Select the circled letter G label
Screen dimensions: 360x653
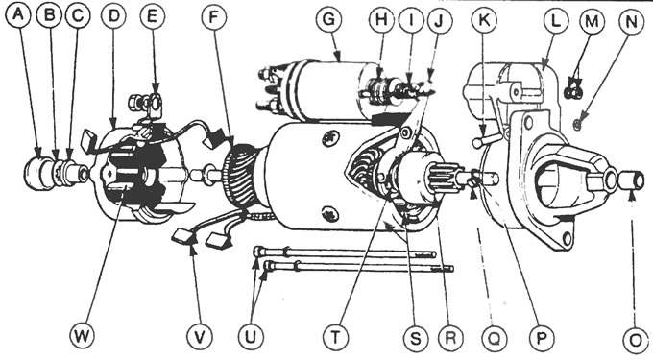coord(328,17)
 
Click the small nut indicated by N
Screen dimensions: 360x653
coord(573,124)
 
